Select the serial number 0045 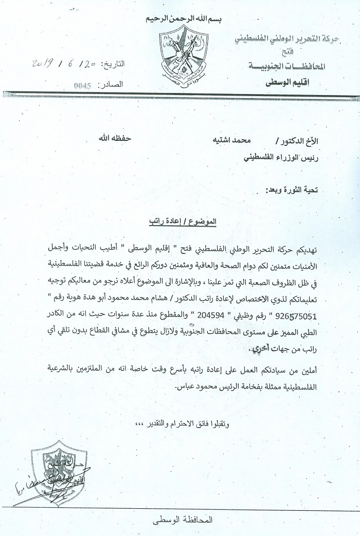pyautogui.click(x=82, y=86)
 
